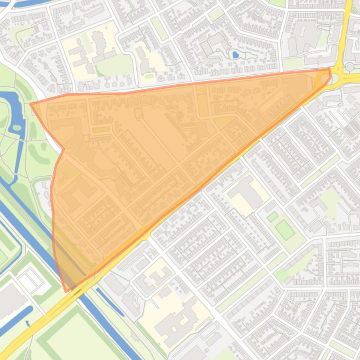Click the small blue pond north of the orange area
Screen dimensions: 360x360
tap(235, 55)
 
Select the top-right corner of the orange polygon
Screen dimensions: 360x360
tap(330, 69)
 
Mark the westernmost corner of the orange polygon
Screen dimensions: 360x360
tap(31, 104)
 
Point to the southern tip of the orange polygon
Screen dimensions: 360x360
tap(66, 291)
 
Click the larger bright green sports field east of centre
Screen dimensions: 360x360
tap(285, 230)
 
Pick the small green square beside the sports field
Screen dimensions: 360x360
tap(272, 216)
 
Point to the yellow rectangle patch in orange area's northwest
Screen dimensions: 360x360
tap(101, 129)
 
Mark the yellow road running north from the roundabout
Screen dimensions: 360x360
tap(345, 28)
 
